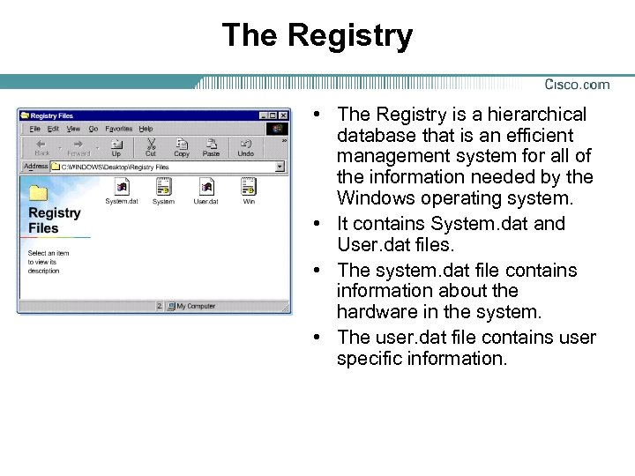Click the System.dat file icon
click(x=122, y=187)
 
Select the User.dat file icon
click(x=206, y=187)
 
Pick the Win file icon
click(x=249, y=187)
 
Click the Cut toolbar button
click(x=150, y=146)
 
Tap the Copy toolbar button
click(x=182, y=146)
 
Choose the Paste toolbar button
click(x=211, y=146)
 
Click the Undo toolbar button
click(x=245, y=146)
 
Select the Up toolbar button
click(x=116, y=146)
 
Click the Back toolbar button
click(x=41, y=146)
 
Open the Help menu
click(x=146, y=129)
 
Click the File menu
click(x=35, y=129)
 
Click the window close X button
click(x=284, y=115)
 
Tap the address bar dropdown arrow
click(x=280, y=166)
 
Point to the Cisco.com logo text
click(x=577, y=85)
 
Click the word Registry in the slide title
click(x=349, y=35)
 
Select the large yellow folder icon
click(x=39, y=193)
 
